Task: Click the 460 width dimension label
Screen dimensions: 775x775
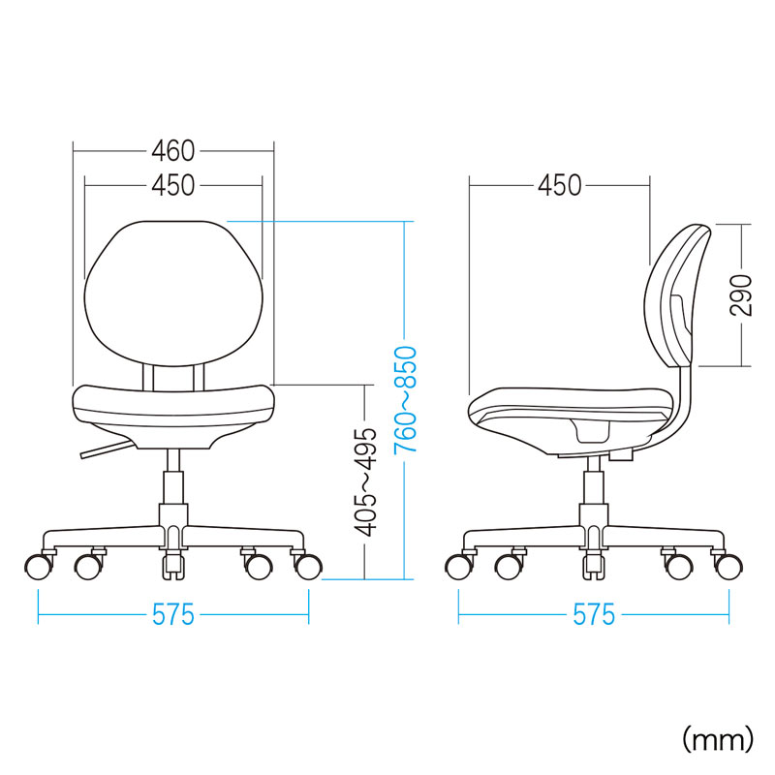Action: pyautogui.click(x=173, y=151)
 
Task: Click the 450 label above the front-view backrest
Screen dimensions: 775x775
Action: pyautogui.click(x=173, y=186)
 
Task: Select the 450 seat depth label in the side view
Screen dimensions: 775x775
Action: pyautogui.click(x=560, y=186)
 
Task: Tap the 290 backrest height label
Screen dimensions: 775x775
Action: pyautogui.click(x=740, y=295)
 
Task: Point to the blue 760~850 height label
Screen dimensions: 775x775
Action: pyautogui.click(x=405, y=399)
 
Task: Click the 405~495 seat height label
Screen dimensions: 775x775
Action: pyautogui.click(x=366, y=482)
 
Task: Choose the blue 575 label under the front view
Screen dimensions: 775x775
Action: pyautogui.click(x=173, y=615)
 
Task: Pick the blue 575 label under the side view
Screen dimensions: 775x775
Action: pyautogui.click(x=594, y=615)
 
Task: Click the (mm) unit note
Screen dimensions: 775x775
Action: pyautogui.click(x=718, y=739)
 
